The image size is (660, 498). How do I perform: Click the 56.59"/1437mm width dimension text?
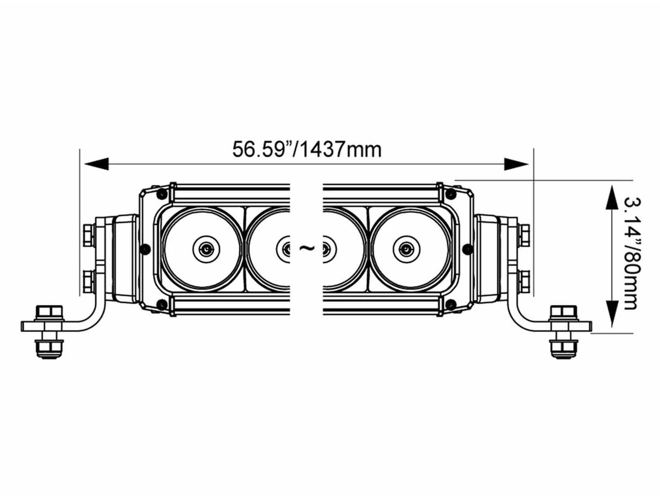point(307,150)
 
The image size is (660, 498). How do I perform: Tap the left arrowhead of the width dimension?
point(96,164)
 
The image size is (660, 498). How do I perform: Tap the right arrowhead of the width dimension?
point(516,164)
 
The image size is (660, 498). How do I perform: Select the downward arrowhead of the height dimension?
point(609,315)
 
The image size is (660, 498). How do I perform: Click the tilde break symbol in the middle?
point(307,248)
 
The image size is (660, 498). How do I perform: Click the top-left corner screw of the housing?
point(162,193)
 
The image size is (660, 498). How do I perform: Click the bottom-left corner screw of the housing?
point(162,305)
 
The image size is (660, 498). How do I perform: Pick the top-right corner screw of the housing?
point(450,193)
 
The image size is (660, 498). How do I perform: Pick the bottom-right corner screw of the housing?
point(450,305)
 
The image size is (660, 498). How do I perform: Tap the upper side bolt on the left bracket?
point(89,235)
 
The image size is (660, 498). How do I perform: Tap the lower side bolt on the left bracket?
point(89,281)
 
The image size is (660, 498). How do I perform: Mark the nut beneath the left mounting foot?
point(50,350)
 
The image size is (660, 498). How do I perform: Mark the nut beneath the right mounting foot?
point(564,350)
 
